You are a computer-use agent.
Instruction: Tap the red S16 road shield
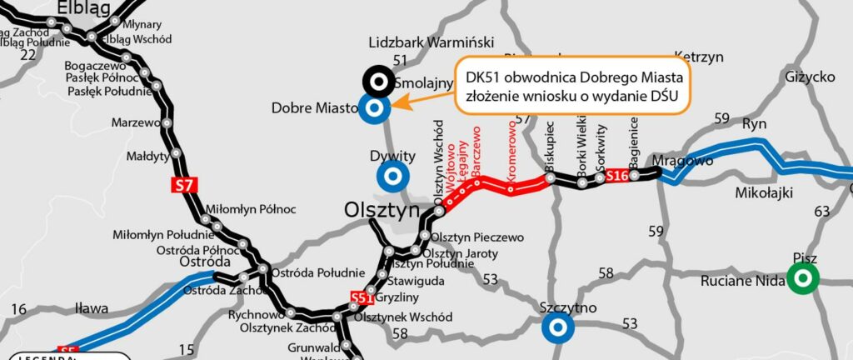tap(616, 176)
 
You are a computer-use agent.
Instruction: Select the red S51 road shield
tap(361, 297)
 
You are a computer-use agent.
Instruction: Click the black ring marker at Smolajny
tap(379, 82)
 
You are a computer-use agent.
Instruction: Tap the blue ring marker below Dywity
tap(392, 176)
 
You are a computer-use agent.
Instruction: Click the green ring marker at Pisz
tap(804, 279)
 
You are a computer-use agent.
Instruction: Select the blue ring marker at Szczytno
tap(556, 327)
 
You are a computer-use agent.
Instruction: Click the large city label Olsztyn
tap(383, 212)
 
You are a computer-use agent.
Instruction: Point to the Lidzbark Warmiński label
tap(431, 42)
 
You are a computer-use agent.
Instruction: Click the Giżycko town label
tap(810, 77)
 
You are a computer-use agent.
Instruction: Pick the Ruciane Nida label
tap(743, 281)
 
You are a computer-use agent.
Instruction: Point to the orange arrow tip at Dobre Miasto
tap(395, 105)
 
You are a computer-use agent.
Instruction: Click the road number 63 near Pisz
tap(822, 212)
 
